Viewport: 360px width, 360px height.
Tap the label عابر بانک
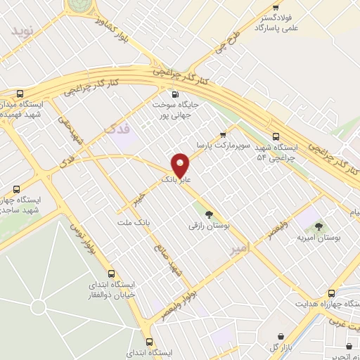[x=176, y=180]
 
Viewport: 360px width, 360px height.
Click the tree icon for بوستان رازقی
[x=207, y=214]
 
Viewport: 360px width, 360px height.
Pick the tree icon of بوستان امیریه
[x=319, y=226]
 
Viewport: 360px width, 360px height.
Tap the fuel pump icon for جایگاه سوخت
[x=174, y=94]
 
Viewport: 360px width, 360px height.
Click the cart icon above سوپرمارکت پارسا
[x=223, y=134]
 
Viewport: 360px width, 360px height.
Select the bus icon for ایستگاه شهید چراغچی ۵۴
[x=275, y=138]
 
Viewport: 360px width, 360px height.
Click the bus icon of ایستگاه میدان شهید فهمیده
[x=20, y=94]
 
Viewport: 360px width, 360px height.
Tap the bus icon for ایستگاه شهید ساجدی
[x=16, y=189]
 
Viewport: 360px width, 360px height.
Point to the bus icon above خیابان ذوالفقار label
[x=111, y=274]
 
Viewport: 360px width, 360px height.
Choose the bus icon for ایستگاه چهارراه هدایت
[x=331, y=293]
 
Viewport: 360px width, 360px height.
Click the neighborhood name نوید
[x=22, y=31]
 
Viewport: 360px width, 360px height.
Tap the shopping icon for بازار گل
[x=282, y=336]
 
